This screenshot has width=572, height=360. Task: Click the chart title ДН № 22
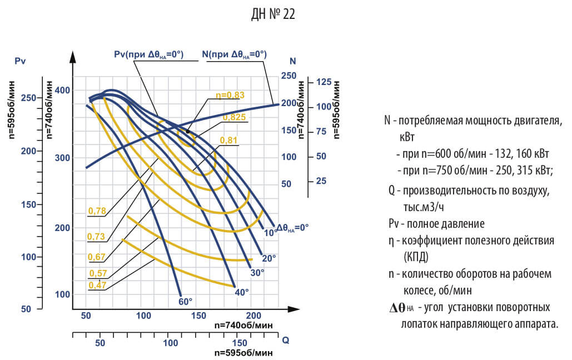click(273, 15)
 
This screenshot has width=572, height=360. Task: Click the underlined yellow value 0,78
click(96, 211)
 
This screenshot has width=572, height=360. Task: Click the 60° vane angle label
click(185, 301)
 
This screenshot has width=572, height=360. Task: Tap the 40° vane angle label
click(242, 292)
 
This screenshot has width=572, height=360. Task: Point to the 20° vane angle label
click(268, 258)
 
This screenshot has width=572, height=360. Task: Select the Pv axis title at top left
click(21, 61)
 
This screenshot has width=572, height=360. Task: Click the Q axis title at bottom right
click(285, 340)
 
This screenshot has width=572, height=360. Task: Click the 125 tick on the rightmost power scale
click(324, 82)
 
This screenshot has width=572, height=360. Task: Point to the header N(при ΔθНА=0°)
click(234, 54)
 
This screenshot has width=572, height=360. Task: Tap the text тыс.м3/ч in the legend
click(424, 207)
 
